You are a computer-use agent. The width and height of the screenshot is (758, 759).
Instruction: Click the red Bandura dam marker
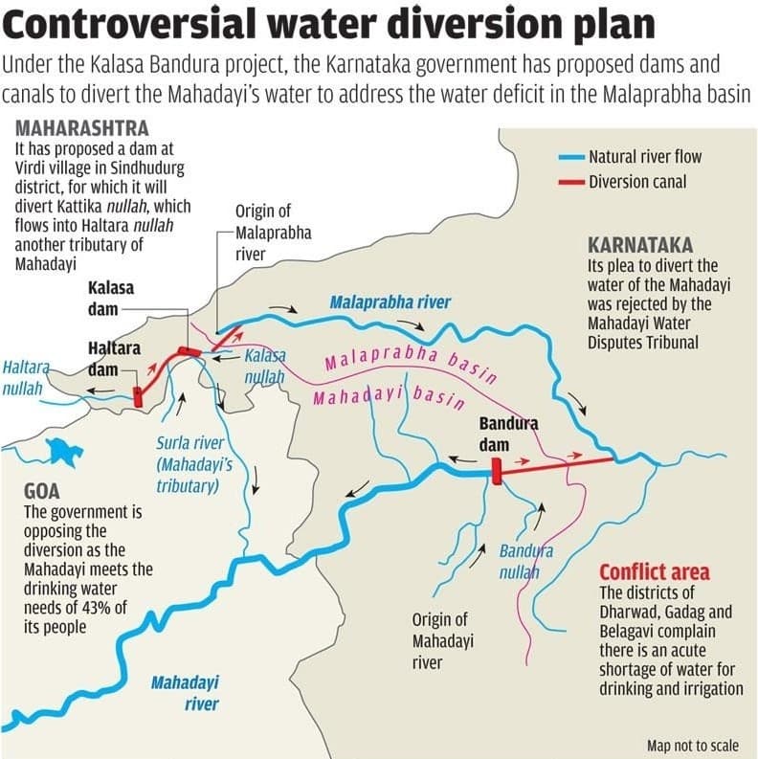click(x=496, y=472)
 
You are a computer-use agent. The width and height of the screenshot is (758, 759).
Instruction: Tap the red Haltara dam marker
click(x=138, y=396)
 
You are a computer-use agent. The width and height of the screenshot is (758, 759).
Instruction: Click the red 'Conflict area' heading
click(x=654, y=571)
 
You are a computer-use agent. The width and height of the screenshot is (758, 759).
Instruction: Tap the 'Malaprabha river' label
click(x=390, y=302)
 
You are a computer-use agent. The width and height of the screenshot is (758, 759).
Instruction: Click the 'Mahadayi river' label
click(x=185, y=693)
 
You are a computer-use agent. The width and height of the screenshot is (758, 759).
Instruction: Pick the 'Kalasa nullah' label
click(x=264, y=366)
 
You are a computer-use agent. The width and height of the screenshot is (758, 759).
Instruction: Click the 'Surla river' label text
click(x=189, y=443)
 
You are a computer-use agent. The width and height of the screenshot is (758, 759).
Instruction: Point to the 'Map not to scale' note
click(x=693, y=746)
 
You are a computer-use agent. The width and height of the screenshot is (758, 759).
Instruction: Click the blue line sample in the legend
click(x=570, y=156)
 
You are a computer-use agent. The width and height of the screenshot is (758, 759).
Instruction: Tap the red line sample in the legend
click(x=570, y=182)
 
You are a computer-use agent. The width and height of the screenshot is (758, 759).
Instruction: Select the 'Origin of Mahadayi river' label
click(x=441, y=640)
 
